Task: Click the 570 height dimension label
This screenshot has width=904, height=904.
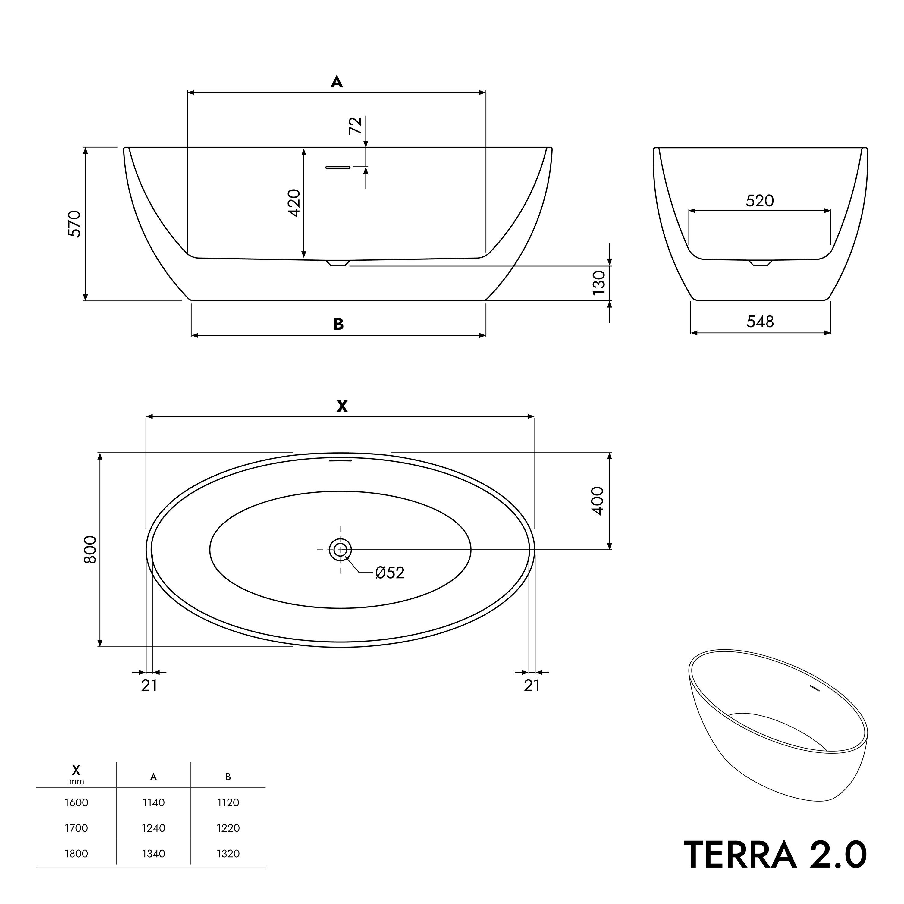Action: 75,224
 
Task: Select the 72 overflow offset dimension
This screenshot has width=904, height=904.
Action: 356,125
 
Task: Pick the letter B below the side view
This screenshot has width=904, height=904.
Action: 339,324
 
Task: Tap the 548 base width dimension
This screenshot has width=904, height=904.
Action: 760,322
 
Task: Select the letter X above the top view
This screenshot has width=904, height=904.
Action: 342,406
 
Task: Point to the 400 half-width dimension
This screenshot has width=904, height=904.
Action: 598,501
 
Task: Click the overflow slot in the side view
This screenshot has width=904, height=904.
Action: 338,167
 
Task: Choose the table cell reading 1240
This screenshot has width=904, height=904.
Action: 153,828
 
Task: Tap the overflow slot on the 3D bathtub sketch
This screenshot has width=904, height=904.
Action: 816,688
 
